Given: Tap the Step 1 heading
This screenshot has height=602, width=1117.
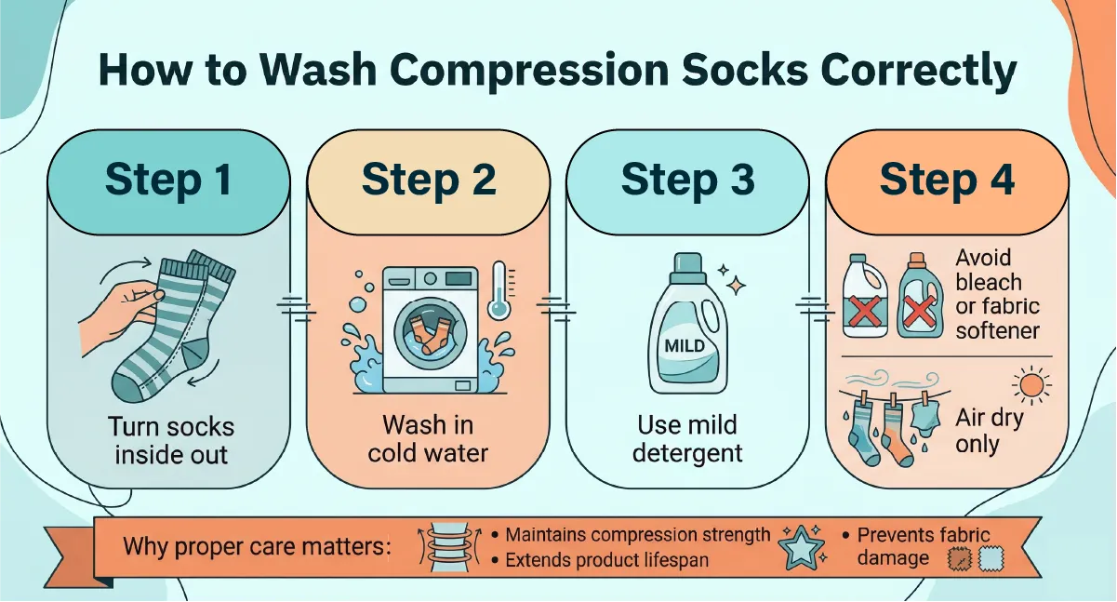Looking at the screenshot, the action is point(168,180).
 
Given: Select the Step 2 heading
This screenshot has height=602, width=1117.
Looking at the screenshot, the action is point(429,180).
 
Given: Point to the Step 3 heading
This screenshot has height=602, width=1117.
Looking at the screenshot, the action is point(688,180).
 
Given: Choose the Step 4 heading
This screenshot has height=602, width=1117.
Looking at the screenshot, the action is point(948,180).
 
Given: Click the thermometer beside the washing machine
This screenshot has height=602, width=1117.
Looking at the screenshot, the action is point(499,291).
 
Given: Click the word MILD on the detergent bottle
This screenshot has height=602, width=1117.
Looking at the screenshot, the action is point(685,345).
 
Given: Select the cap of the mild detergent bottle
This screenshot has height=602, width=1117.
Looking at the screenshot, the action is point(687,268).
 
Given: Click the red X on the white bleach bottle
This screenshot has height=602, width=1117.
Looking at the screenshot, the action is point(864,311).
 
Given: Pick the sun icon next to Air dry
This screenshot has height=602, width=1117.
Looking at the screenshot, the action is point(1031,385).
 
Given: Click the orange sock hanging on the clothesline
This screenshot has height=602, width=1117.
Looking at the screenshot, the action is point(896,431).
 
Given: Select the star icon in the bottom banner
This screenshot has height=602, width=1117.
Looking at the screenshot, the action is point(802,547).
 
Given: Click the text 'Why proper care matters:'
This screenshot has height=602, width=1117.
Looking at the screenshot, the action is point(258,546).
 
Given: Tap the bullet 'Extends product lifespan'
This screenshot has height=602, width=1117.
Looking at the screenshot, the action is point(601,560).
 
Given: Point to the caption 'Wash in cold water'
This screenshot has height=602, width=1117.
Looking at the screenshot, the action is point(428,439).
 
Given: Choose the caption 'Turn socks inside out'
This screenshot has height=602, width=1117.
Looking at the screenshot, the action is point(171,441).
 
